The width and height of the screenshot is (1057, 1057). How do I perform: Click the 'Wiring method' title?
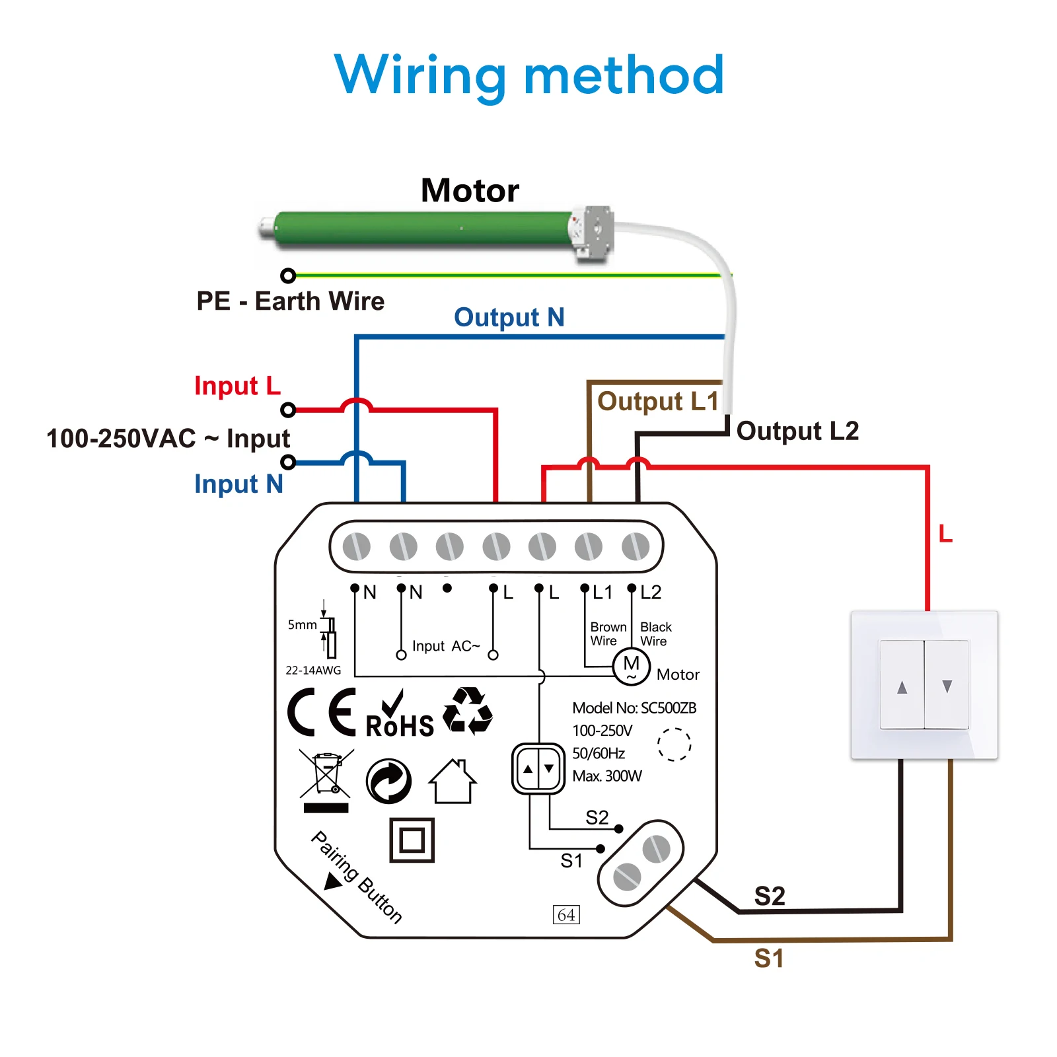pyautogui.click(x=529, y=75)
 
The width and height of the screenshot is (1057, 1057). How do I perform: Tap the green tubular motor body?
pyautogui.click(x=423, y=229)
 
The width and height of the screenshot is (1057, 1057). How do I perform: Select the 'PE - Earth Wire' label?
pyautogui.click(x=290, y=301)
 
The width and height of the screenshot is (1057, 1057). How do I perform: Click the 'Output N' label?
pyautogui.click(x=509, y=318)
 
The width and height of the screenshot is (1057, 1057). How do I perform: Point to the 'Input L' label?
pyautogui.click(x=237, y=386)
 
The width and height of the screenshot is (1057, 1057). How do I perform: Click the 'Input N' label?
pyautogui.click(x=238, y=484)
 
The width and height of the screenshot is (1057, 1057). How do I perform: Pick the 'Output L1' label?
pyautogui.click(x=657, y=402)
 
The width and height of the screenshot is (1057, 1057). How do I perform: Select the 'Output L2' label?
pyautogui.click(x=797, y=431)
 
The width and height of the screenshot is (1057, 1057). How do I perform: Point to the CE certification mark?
pyautogui.click(x=322, y=712)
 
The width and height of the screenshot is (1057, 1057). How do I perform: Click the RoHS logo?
pyautogui.click(x=399, y=716)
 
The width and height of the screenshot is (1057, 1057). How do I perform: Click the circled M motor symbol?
pyautogui.click(x=631, y=666)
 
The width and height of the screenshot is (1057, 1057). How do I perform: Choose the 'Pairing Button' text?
pyautogui.click(x=357, y=877)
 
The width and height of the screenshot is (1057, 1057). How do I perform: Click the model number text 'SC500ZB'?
pyautogui.click(x=668, y=708)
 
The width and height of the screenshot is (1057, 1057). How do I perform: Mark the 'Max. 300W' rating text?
pyautogui.click(x=606, y=776)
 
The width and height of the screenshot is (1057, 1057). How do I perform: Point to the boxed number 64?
pyautogui.click(x=566, y=915)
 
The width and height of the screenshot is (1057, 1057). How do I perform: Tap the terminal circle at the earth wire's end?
pyautogui.click(x=288, y=275)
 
